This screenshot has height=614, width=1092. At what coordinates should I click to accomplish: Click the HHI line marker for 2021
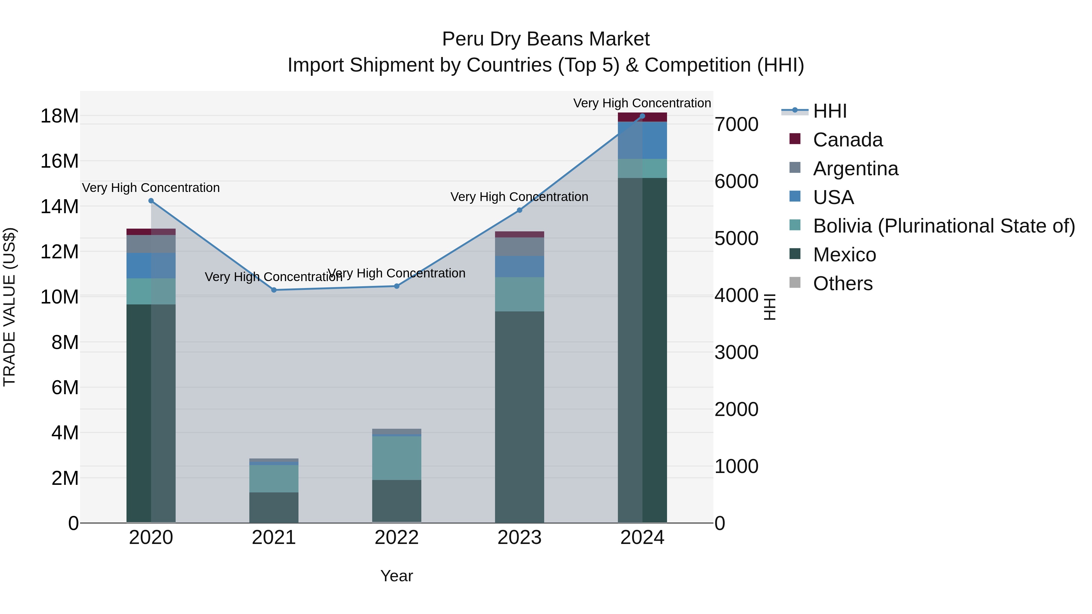[x=274, y=290]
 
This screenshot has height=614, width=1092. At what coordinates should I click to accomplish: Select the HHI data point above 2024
[x=642, y=116]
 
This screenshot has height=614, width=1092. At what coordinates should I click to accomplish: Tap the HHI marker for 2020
[x=151, y=201]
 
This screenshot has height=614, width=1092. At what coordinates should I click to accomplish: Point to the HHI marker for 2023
[x=520, y=210]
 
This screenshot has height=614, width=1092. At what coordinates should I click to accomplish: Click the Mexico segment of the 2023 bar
[x=520, y=418]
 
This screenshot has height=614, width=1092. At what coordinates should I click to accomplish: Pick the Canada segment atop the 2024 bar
[x=642, y=117]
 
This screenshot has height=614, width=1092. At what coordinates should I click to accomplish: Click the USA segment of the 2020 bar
[x=151, y=266]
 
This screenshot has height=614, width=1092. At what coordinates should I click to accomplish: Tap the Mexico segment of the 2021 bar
[x=274, y=508]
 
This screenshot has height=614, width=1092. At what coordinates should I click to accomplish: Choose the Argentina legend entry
[x=855, y=169]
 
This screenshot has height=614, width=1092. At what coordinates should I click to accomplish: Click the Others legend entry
[x=842, y=284]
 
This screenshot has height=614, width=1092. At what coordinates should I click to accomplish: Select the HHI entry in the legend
[x=830, y=111]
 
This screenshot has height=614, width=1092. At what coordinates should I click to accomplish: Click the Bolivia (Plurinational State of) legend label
[x=944, y=226]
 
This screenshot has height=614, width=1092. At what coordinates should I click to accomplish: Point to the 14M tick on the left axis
[x=59, y=207]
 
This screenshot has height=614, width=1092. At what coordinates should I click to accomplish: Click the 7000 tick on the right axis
[x=736, y=125]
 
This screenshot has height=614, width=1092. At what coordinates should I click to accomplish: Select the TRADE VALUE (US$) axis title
[x=9, y=307]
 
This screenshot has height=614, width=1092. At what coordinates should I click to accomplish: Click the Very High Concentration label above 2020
[x=151, y=188]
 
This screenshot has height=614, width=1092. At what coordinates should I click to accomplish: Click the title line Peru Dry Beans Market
[x=546, y=39]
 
